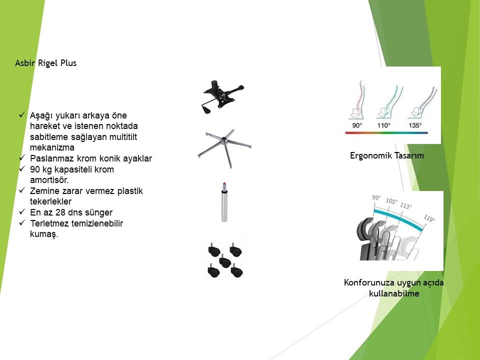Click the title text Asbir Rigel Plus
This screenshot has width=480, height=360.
point(45,63)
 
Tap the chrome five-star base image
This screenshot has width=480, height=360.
point(224,148)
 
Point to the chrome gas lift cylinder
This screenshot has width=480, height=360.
point(224,202)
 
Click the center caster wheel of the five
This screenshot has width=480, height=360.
point(224,261)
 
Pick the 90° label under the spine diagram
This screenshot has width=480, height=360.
point(357,125)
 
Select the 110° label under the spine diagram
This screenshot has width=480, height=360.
point(384,125)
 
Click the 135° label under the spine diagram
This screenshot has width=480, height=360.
point(415,125)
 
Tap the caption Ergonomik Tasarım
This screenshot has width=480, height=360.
point(387,155)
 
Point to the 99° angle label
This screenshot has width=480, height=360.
point(376,198)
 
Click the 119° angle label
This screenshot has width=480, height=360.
point(429,218)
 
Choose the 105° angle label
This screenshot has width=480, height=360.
point(391,201)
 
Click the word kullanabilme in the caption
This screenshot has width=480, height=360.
point(394,293)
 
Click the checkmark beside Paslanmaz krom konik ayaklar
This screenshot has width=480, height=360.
point(21,157)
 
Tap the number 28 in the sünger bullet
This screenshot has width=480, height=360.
point(60,212)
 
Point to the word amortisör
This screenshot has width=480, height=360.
point(49,180)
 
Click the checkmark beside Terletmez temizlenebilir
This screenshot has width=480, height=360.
point(21,222)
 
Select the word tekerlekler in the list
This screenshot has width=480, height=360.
point(51,201)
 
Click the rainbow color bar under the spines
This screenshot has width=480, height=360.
point(386,133)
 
